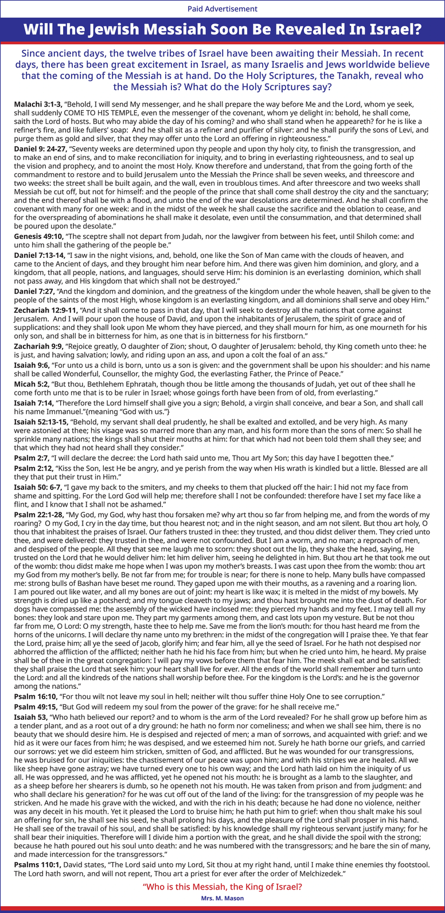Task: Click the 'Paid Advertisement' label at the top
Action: coord(222,9)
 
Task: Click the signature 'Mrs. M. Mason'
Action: coord(222,898)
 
